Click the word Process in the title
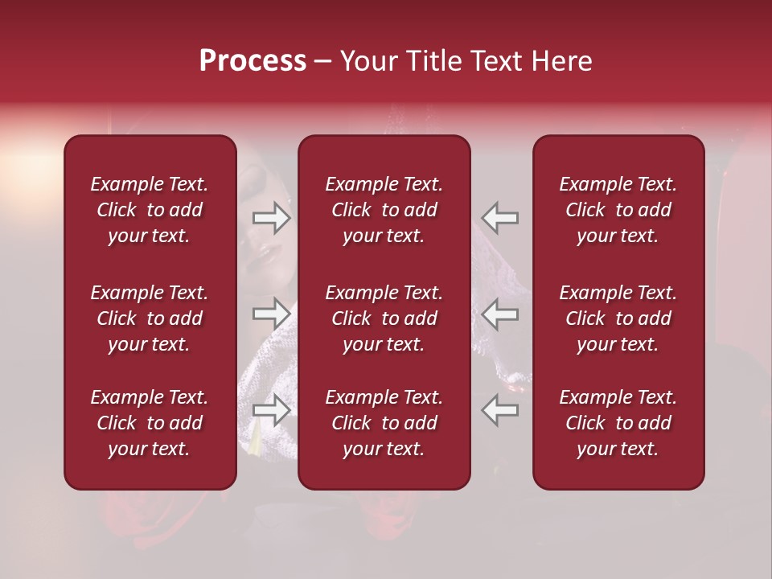point(253,61)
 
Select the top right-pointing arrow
point(272,218)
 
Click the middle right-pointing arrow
point(272,313)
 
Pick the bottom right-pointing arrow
point(272,410)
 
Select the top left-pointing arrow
point(500,218)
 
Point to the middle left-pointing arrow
point(500,313)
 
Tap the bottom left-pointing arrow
point(500,410)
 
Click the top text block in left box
point(150,210)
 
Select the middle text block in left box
point(150,318)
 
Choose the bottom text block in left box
point(150,423)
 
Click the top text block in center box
point(384,210)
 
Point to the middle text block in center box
point(384,318)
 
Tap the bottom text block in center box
point(384,423)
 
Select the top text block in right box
point(618,210)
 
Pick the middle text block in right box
point(618,318)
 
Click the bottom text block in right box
point(618,423)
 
